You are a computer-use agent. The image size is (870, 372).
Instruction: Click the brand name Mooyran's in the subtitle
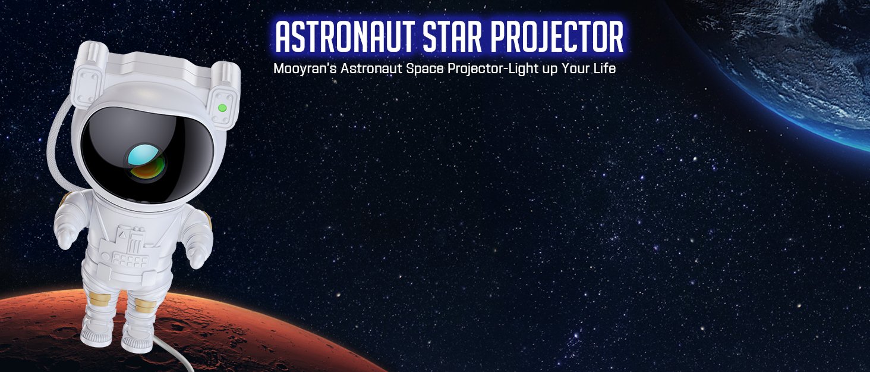pyautogui.click(x=304, y=69)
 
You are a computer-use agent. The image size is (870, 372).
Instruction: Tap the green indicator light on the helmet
pyautogui.click(x=222, y=108)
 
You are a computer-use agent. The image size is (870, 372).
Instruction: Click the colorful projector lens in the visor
pyautogui.click(x=145, y=161)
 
